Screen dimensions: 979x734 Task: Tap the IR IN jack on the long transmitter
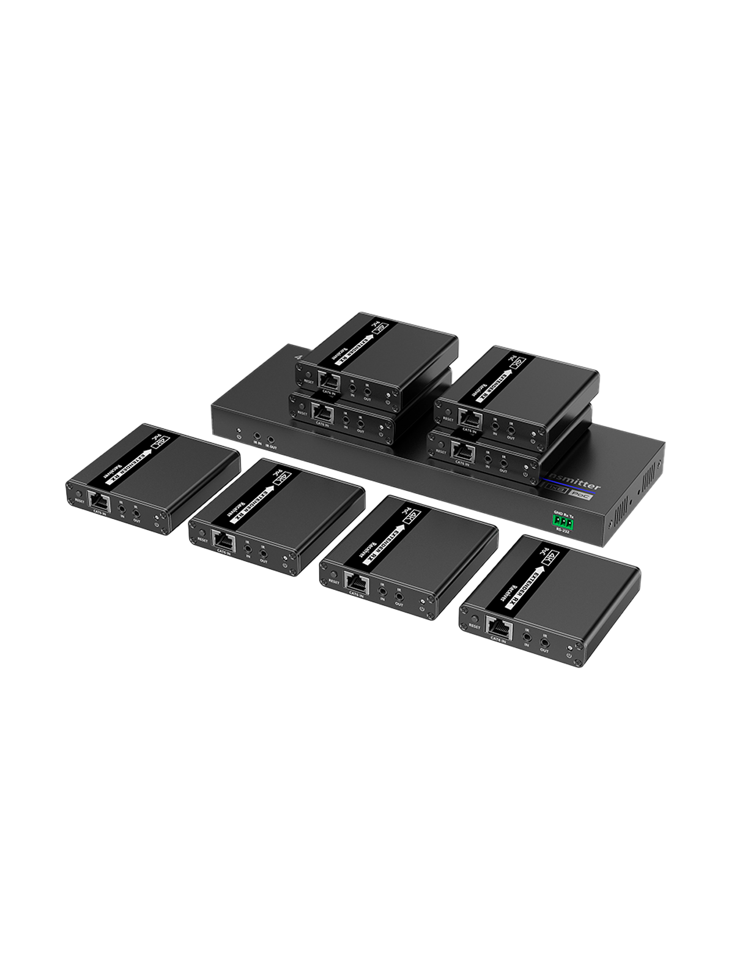[x=257, y=437]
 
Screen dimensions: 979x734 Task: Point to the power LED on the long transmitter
[x=239, y=435]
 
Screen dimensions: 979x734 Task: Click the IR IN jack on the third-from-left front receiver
[x=383, y=591]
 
